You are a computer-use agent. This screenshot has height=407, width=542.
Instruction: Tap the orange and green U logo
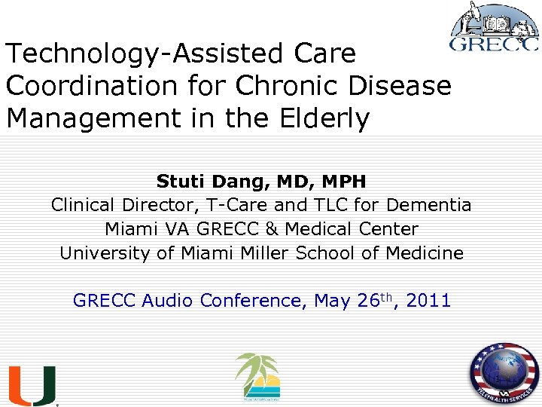32,385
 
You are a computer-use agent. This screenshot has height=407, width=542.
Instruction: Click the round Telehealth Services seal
504,375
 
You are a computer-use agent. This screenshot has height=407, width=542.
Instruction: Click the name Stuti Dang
198,182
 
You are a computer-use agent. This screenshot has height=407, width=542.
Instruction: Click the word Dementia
429,205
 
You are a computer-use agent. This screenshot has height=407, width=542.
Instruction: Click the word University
105,252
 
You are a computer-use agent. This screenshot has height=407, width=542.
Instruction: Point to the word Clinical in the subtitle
81,205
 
